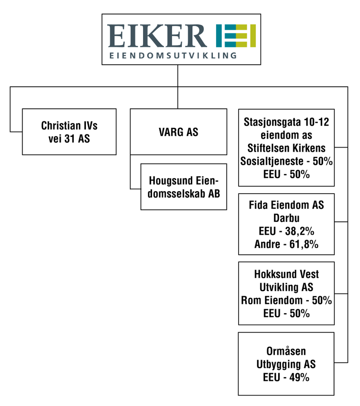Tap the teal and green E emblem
[236, 36]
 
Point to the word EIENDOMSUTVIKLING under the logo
[173, 55]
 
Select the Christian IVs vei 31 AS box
[69, 132]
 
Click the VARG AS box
[178, 132]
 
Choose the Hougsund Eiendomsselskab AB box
[184, 187]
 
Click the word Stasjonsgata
[270, 122]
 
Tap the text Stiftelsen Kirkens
[286, 148]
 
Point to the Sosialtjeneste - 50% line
[286, 161]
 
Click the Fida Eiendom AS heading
[286, 205]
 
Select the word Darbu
[286, 218]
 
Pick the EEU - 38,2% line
[286, 231]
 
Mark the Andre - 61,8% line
[286, 244]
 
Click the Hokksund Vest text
[286, 274]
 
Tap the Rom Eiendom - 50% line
[286, 300]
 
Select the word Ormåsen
[286, 351]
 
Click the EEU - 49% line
[286, 377]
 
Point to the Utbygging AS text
[286, 364]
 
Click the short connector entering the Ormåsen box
[341, 362]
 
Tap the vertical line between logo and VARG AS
[178, 87]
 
